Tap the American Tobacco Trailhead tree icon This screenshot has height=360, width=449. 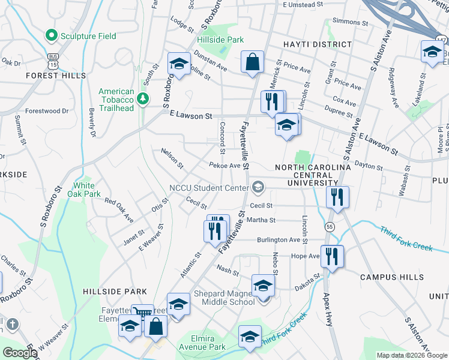point(143,98)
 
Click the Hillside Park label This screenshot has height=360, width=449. point(220,40)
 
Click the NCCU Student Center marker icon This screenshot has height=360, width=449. point(258,188)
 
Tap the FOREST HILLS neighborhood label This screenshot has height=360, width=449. point(52,76)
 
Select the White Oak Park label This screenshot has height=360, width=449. point(87,190)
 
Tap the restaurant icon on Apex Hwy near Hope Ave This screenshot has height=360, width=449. point(332,256)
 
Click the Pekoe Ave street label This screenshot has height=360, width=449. point(224,166)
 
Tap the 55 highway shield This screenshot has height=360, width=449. point(330,226)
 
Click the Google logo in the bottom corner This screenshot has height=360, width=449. point(20,352)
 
